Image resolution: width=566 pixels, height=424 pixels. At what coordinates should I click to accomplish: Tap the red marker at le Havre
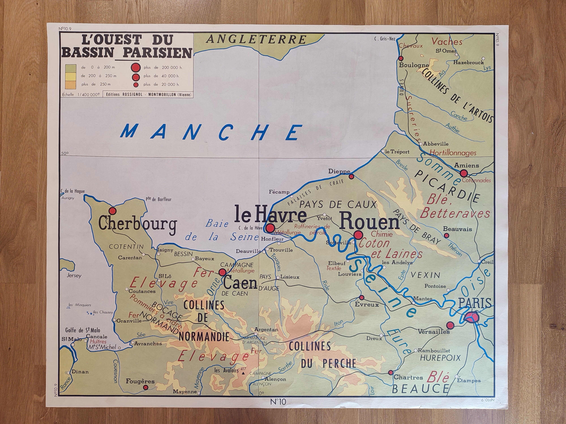point(270,228)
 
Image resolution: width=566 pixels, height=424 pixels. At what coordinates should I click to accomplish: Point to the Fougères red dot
point(146,387)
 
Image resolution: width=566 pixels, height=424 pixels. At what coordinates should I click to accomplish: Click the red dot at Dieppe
point(351,176)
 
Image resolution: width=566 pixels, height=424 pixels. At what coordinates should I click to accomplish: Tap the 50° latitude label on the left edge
point(65,153)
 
